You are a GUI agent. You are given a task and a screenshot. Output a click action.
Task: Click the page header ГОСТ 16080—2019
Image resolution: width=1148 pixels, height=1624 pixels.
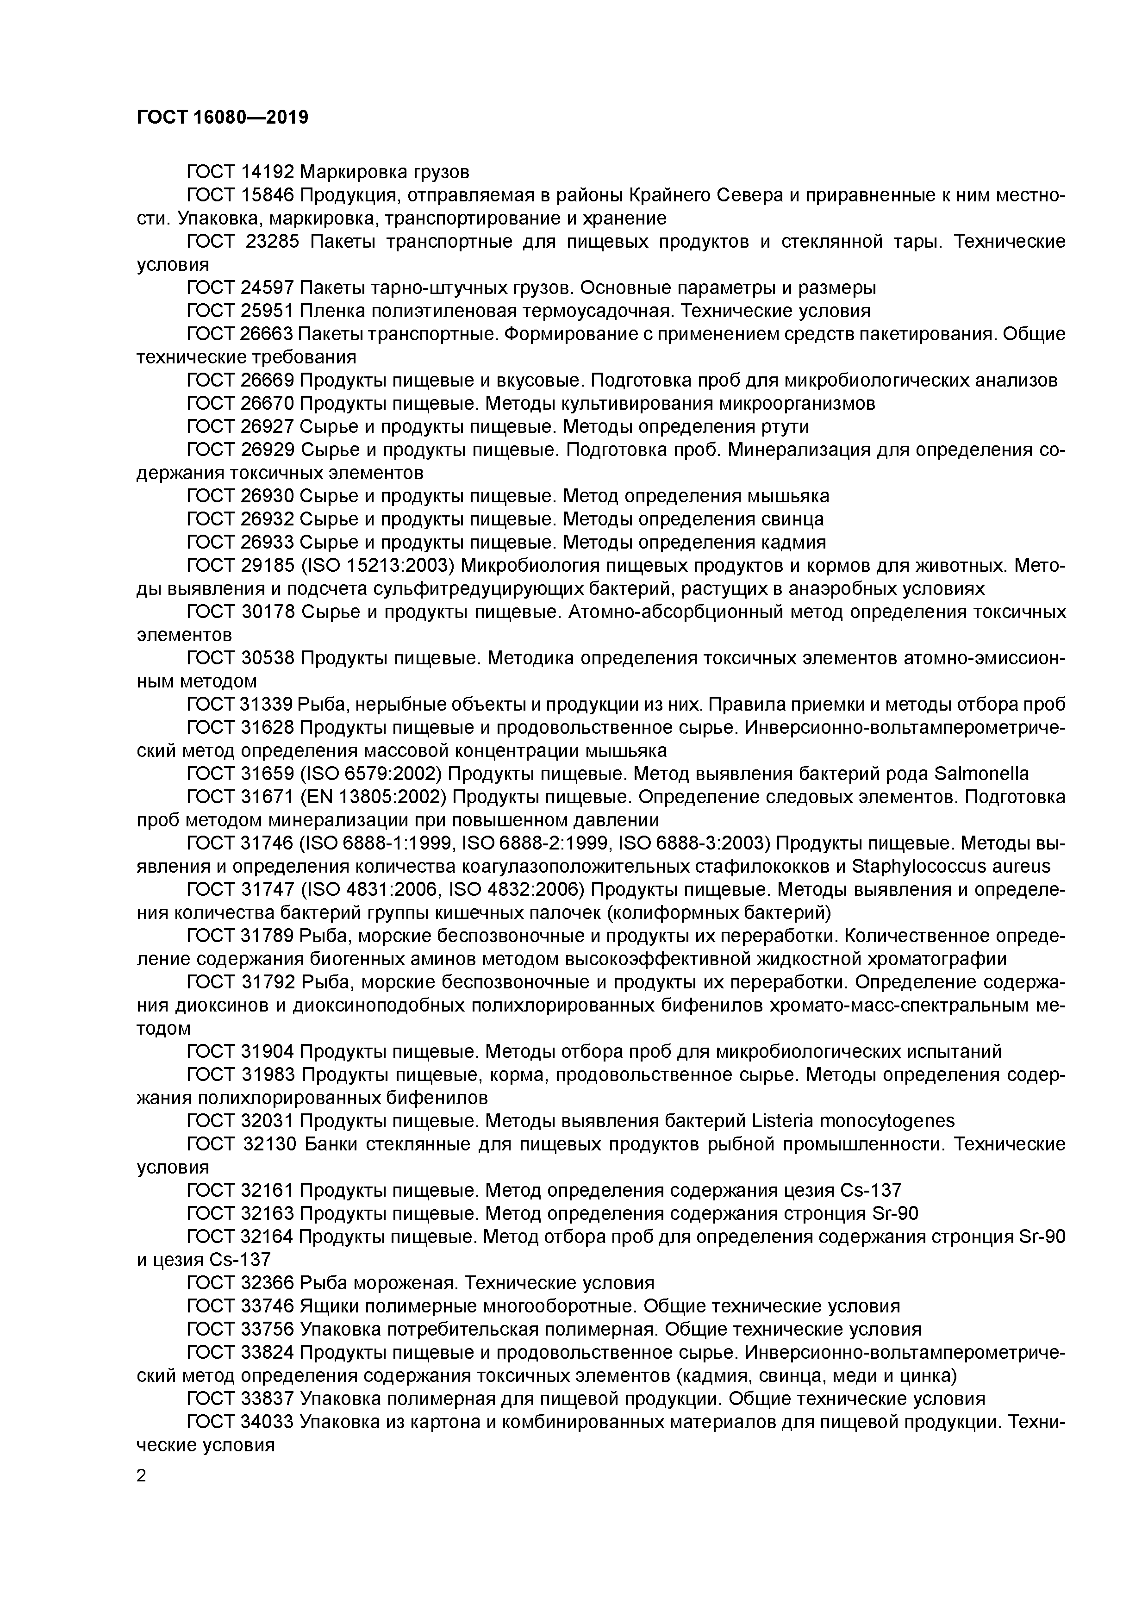[222, 118]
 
